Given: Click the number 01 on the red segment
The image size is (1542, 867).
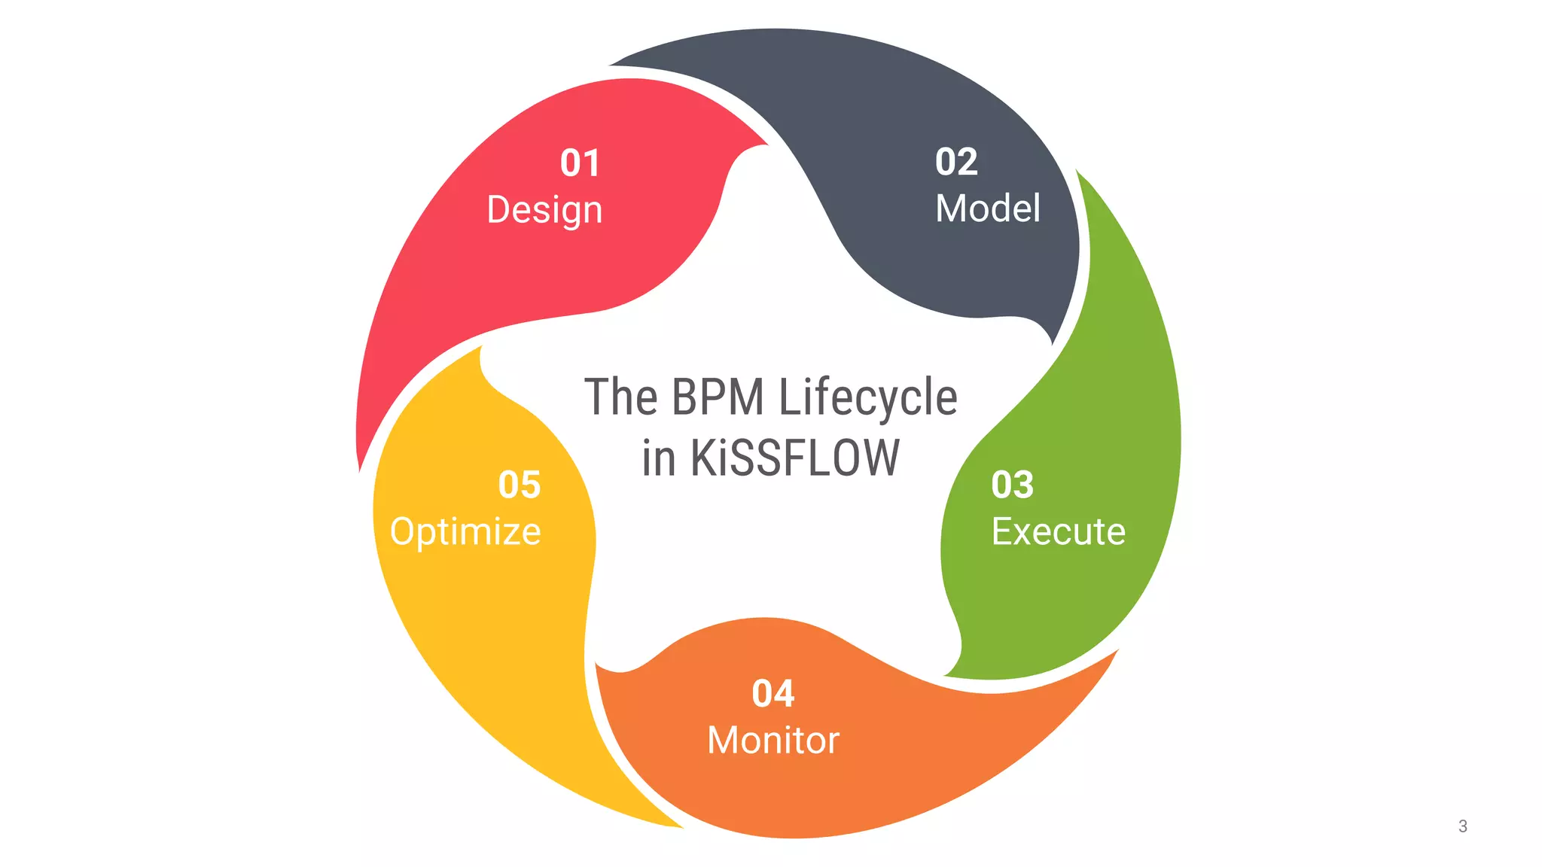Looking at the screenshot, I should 580,163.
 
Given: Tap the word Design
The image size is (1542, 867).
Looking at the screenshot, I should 544,210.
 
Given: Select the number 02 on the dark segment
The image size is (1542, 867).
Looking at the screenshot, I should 956,162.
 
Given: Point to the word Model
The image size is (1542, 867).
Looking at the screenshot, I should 988,208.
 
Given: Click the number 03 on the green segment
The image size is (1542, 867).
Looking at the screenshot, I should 1013,485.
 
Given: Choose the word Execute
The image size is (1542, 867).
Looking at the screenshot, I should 1058,532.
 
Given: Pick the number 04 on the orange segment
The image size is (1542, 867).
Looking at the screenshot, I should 773,694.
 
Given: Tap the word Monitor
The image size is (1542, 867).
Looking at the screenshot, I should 773,741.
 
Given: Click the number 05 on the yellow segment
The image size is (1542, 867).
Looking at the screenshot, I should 520,485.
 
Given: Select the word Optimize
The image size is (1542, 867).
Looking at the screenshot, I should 465,532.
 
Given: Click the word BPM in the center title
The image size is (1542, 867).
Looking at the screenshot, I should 717,397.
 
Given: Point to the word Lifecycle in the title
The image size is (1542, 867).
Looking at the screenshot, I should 867,398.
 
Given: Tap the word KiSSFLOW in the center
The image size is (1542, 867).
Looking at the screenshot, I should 794,458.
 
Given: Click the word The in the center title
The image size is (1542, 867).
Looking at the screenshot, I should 621,397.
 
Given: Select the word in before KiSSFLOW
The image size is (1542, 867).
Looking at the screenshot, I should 658,458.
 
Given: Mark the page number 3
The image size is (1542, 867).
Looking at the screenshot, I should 1462,826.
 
